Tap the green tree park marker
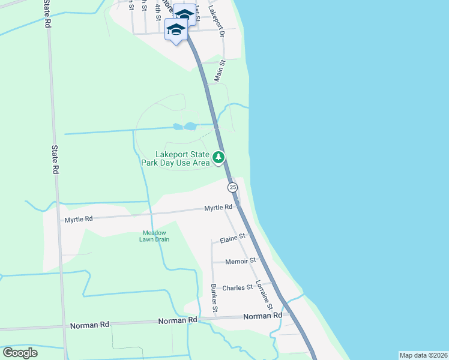point(219,158)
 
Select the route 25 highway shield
point(233,187)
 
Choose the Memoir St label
point(240,261)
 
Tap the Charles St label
point(238,288)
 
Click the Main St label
point(220,71)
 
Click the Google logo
point(20,353)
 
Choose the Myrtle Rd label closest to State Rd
point(79,219)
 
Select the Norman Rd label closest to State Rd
point(89,325)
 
